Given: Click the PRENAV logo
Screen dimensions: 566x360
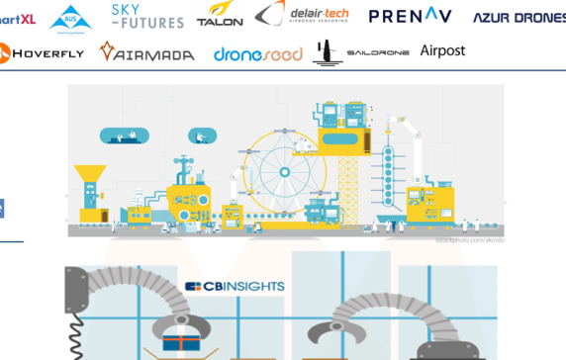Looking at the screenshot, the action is click(x=410, y=15).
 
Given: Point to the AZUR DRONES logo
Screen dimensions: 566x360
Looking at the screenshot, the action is click(x=519, y=18).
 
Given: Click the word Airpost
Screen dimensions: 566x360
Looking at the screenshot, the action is click(x=442, y=50).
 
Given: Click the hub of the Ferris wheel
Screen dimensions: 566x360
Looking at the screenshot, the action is click(x=285, y=172).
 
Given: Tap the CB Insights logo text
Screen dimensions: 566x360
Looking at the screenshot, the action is click(x=236, y=287).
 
